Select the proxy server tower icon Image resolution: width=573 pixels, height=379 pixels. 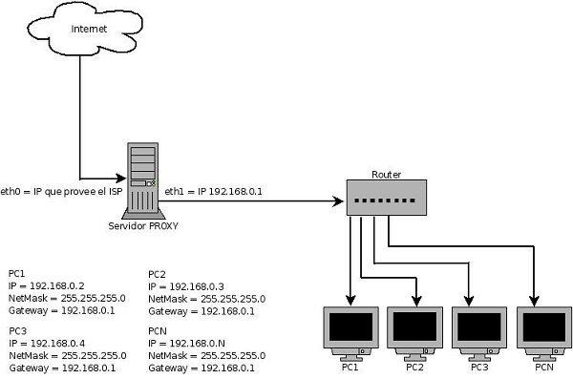coord(140,179)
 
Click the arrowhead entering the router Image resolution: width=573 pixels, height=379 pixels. coord(337,201)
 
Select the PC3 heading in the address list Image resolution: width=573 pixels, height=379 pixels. coord(17,329)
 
